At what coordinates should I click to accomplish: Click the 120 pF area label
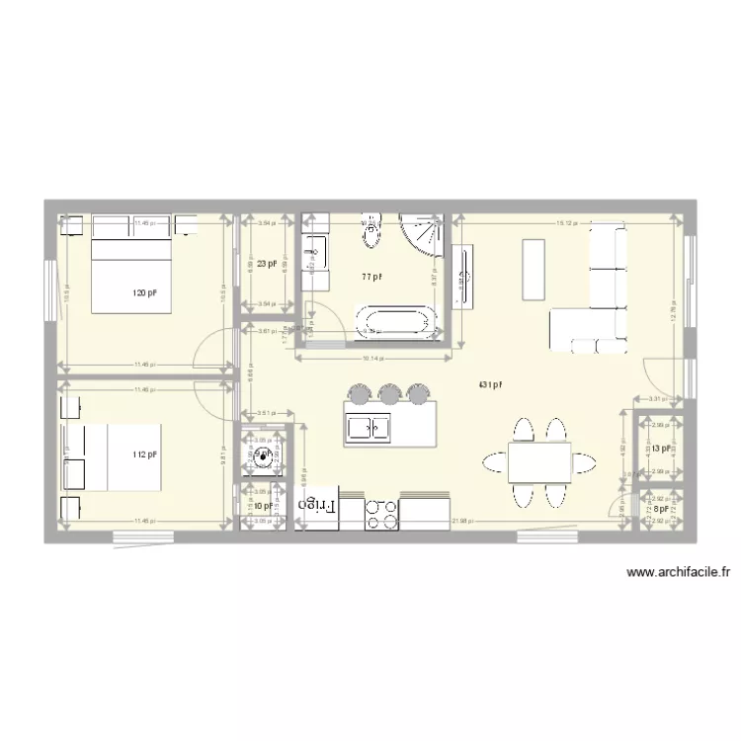point(145,293)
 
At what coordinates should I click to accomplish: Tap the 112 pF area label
point(145,454)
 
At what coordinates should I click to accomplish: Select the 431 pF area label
point(491,385)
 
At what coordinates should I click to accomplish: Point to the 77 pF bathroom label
point(371,277)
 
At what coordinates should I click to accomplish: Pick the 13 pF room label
point(661,449)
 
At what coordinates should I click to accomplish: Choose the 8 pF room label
point(661,509)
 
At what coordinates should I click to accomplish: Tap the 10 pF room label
point(263,506)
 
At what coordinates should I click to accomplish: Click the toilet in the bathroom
point(371,232)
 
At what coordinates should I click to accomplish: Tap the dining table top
point(539,461)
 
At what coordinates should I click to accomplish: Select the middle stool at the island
point(388,394)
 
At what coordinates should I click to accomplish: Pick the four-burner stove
point(382,511)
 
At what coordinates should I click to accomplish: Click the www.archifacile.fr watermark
point(678,572)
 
